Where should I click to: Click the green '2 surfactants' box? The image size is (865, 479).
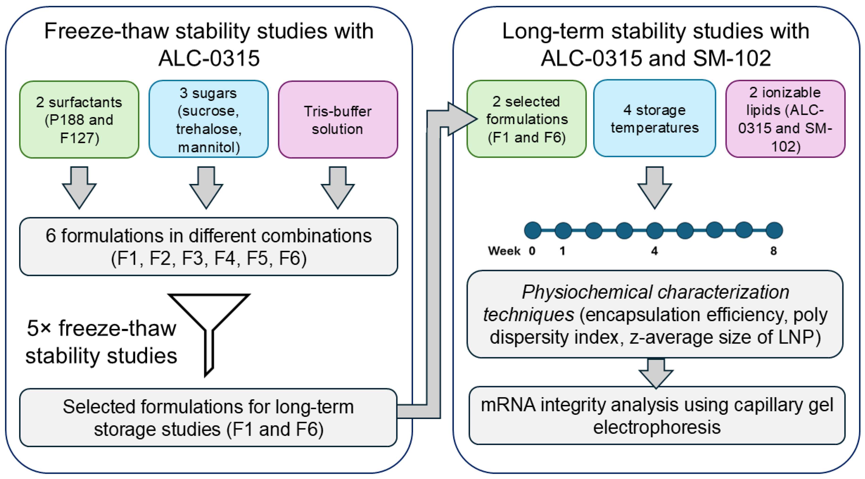pyautogui.click(x=79, y=120)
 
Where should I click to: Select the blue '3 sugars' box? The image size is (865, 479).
pyautogui.click(x=208, y=120)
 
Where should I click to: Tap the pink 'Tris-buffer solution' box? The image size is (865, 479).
pyautogui.click(x=338, y=120)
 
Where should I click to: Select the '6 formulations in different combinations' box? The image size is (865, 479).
pyautogui.click(x=208, y=247)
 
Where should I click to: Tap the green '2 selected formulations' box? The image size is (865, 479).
pyautogui.click(x=527, y=119)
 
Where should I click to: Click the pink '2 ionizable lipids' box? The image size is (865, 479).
pyautogui.click(x=785, y=119)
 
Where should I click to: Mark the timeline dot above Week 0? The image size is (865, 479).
pyautogui.click(x=532, y=231)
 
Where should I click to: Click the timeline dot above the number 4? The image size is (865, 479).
pyautogui.click(x=654, y=231)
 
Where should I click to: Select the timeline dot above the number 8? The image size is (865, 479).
pyautogui.click(x=774, y=231)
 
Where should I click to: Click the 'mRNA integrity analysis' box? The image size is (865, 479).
pyautogui.click(x=657, y=416)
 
